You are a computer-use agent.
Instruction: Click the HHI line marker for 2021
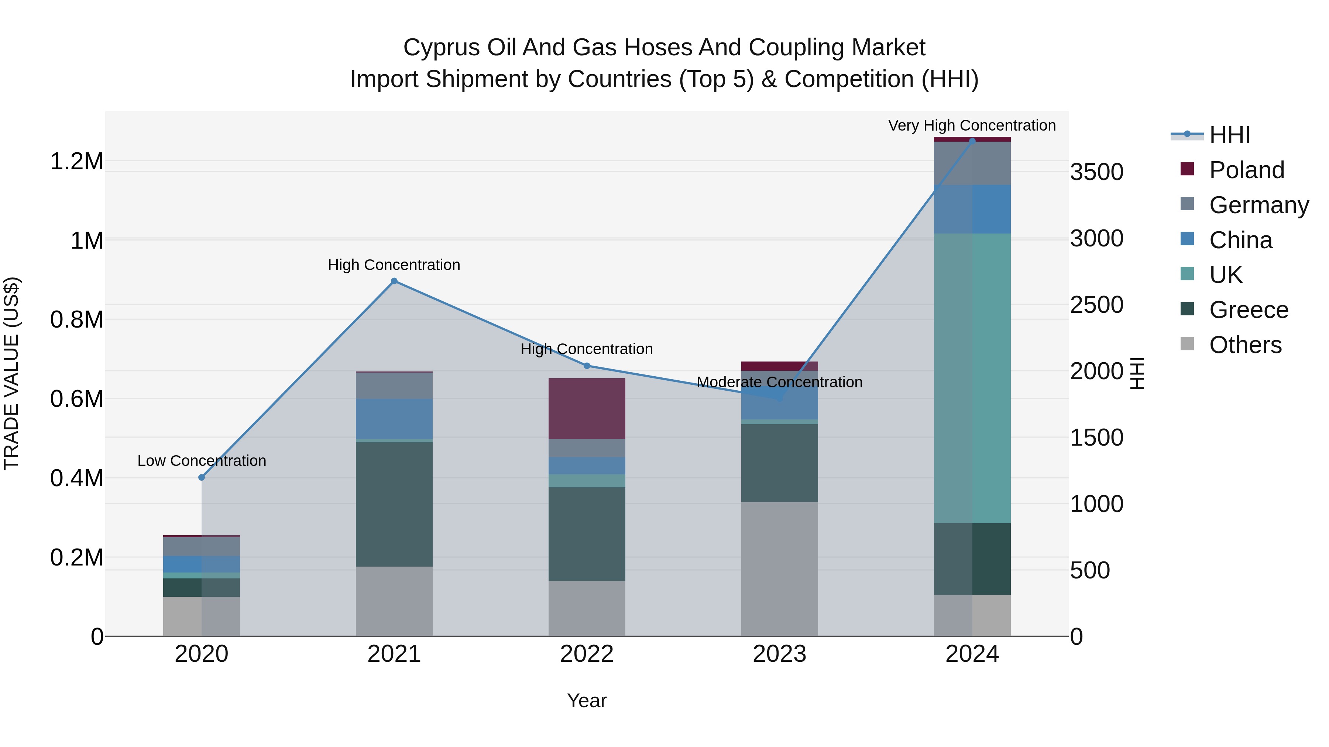(394, 281)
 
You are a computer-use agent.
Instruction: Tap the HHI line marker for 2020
(202, 477)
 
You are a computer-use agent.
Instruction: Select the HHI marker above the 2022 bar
(587, 366)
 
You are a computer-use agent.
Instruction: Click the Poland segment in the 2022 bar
(587, 408)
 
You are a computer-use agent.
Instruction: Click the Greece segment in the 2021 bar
(394, 504)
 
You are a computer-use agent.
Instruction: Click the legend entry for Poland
(1246, 170)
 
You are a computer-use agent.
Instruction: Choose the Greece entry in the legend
(1248, 310)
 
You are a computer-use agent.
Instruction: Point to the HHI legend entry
(1229, 135)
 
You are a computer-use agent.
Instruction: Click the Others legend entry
(1244, 345)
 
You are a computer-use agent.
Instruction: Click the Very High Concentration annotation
(972, 125)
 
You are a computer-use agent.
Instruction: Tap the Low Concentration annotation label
(202, 460)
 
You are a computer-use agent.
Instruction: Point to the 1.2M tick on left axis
(76, 161)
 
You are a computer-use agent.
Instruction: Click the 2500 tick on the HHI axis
(1096, 305)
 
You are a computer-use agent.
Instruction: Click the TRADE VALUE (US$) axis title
(11, 373)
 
